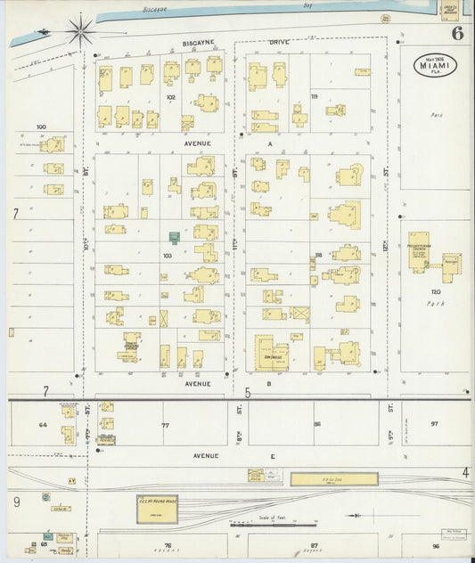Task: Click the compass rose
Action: (x=78, y=30)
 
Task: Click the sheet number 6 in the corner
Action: (x=456, y=35)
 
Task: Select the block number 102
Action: (x=170, y=97)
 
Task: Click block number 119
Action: (x=314, y=96)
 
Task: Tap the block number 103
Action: (x=167, y=256)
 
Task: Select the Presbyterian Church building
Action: (x=418, y=257)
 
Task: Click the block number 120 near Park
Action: (x=436, y=291)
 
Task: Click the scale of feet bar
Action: (x=267, y=525)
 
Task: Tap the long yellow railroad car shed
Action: (x=333, y=479)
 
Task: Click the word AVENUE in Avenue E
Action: (x=206, y=456)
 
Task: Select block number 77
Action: (x=165, y=425)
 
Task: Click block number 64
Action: (x=42, y=425)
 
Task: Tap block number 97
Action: (x=434, y=423)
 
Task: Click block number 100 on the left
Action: (x=40, y=127)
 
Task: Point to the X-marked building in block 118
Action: (x=300, y=314)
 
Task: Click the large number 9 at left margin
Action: (x=16, y=502)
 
